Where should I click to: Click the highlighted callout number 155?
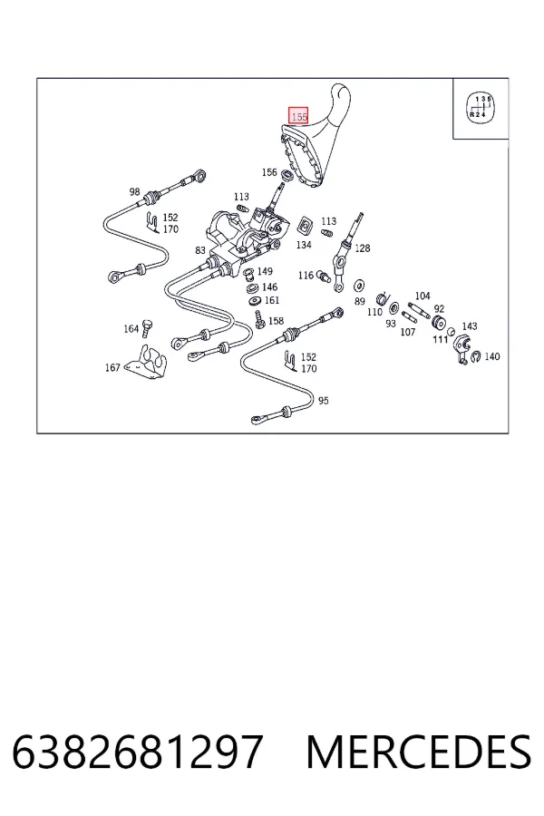299,117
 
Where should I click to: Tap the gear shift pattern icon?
479,108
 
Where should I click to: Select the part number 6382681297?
138,752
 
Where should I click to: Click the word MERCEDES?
419,752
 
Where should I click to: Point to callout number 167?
112,367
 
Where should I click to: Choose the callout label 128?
363,248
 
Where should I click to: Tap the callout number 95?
324,401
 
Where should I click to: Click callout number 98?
134,191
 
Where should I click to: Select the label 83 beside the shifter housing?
200,250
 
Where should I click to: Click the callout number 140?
492,356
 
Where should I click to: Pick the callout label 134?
304,245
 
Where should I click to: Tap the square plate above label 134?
304,225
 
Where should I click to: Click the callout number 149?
265,271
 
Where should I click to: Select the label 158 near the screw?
276,321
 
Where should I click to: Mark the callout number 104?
423,296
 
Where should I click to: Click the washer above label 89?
359,286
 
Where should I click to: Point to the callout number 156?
269,172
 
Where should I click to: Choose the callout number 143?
469,326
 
